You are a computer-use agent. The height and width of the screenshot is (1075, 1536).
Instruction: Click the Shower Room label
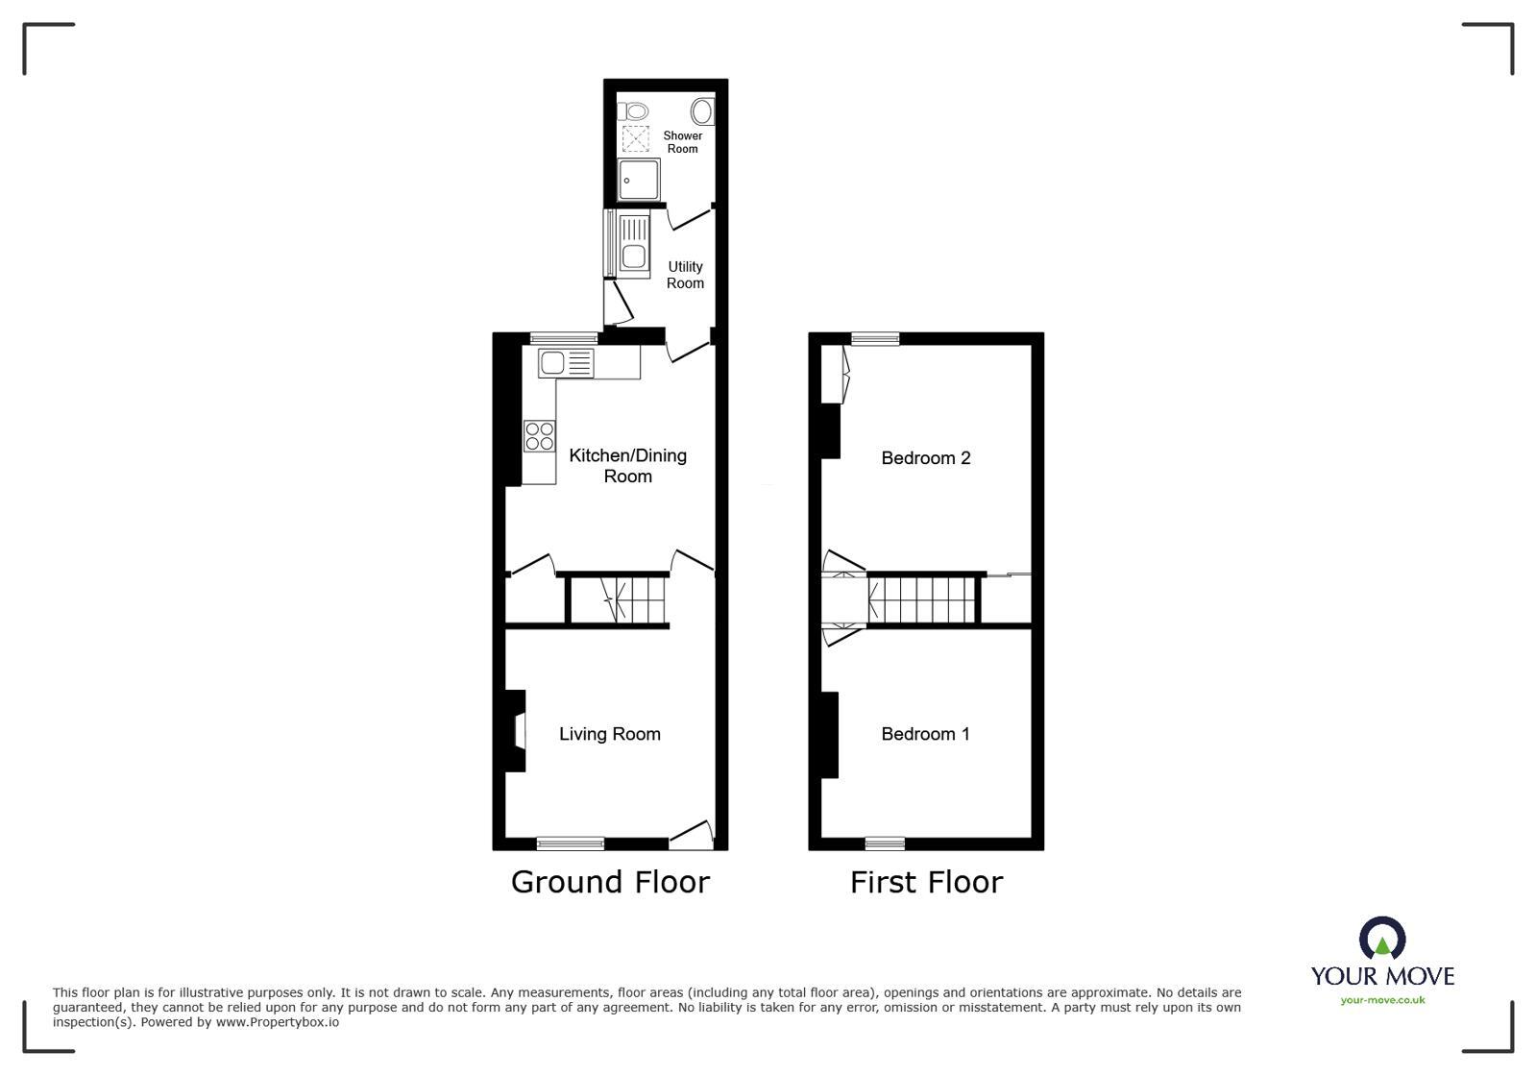point(682,142)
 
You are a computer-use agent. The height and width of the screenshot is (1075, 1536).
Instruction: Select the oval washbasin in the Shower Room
point(702,111)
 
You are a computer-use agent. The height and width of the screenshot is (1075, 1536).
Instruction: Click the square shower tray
point(639,180)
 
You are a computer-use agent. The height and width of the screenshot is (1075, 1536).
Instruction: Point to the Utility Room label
point(685,275)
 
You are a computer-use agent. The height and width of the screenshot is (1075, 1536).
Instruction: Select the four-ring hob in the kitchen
point(539,436)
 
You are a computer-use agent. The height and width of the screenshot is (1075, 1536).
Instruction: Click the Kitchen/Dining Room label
point(627,465)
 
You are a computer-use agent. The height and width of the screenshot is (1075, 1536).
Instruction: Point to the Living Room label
point(609,734)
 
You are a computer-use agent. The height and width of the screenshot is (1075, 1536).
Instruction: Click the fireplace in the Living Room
point(517,731)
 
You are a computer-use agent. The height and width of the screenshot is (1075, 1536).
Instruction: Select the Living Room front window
point(570,843)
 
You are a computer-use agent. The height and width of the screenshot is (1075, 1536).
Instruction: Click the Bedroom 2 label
point(925,458)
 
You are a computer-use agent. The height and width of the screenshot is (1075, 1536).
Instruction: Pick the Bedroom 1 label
point(925,734)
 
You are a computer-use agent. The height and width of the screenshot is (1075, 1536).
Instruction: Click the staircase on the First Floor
point(922,599)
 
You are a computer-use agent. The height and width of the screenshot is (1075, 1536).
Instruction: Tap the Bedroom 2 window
point(875,338)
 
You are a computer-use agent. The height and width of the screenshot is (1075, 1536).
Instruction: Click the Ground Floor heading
point(610,882)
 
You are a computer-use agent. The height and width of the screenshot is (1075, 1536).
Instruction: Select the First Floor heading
point(926,882)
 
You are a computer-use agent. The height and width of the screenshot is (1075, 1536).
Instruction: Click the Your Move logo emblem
point(1381,939)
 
